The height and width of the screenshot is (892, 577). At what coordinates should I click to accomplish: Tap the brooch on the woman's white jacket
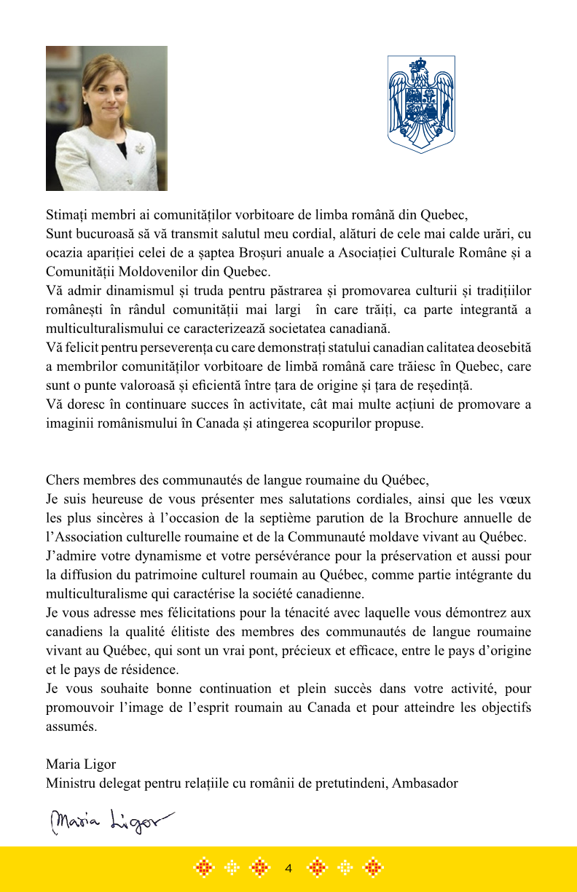point(139,149)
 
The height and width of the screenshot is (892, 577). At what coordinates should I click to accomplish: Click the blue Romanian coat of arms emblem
point(420,104)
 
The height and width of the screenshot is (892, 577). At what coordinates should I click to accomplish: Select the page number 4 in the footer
point(288,868)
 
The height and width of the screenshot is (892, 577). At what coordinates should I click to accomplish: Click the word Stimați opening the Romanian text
point(66,216)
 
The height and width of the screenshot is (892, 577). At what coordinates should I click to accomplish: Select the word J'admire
point(70,556)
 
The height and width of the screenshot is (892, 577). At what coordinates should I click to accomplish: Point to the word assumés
point(71,727)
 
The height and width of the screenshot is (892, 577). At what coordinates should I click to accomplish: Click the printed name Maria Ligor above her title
point(81,764)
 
